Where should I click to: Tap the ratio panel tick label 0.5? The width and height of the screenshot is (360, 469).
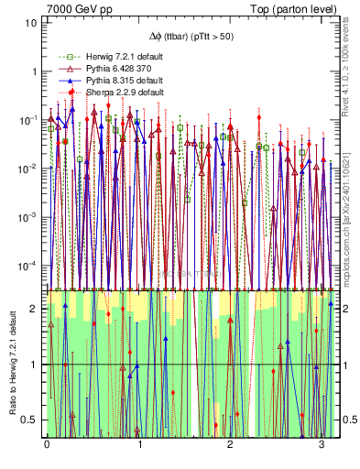point(32,420)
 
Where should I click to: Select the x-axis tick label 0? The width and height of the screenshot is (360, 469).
point(47,445)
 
